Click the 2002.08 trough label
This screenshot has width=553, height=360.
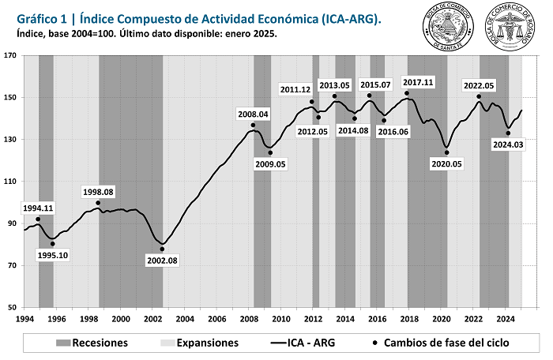[162, 261]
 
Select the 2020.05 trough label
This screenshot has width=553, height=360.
[447, 164]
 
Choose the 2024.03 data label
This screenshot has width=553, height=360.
[507, 144]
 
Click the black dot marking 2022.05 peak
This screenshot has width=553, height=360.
[479, 97]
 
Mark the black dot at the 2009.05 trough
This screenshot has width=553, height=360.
[270, 152]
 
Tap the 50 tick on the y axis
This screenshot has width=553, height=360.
[13, 308]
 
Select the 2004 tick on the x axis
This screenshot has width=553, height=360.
[185, 318]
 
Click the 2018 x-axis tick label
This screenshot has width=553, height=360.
[409, 318]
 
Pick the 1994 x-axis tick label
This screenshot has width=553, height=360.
[24, 318]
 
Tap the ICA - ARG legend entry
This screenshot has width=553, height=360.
[302, 343]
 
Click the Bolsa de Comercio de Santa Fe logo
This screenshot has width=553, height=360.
[443, 27]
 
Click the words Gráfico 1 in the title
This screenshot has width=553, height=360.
[40, 17]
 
